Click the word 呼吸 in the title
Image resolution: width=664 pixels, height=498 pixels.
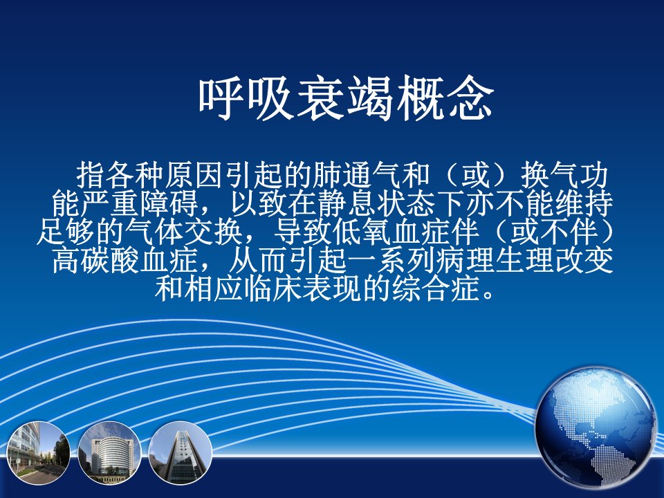pyautogui.click(x=248, y=98)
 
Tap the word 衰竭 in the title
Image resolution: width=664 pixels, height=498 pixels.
pyautogui.click(x=346, y=98)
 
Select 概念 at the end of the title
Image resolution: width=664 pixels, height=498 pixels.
pyautogui.click(x=445, y=98)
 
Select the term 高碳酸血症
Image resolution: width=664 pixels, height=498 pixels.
pyautogui.click(x=125, y=261)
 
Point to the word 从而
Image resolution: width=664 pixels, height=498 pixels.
pyautogui.click(x=258, y=261)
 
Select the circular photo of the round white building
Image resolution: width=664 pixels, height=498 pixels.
pyautogui.click(x=110, y=453)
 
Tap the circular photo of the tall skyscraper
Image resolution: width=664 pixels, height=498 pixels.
pyautogui.click(x=181, y=453)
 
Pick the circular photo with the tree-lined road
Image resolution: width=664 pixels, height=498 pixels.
pyautogui.click(x=39, y=453)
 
